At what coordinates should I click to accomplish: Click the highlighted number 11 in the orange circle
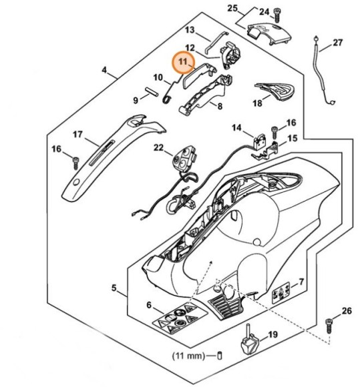click(183, 61)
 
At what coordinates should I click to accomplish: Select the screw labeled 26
click(329, 326)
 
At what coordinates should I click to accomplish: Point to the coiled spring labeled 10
click(168, 97)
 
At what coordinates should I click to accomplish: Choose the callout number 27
click(338, 43)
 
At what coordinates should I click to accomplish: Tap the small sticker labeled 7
click(281, 293)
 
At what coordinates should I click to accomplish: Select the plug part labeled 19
click(250, 340)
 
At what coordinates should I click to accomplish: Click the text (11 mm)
click(188, 356)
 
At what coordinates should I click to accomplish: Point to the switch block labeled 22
click(184, 159)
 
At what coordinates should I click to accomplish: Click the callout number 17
click(77, 135)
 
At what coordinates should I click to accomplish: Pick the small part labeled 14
click(259, 141)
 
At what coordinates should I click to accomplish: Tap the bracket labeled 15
click(266, 151)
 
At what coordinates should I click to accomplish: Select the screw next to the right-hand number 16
click(275, 133)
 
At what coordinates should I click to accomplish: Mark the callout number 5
click(114, 288)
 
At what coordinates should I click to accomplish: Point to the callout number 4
click(104, 70)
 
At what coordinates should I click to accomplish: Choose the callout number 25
click(232, 9)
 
